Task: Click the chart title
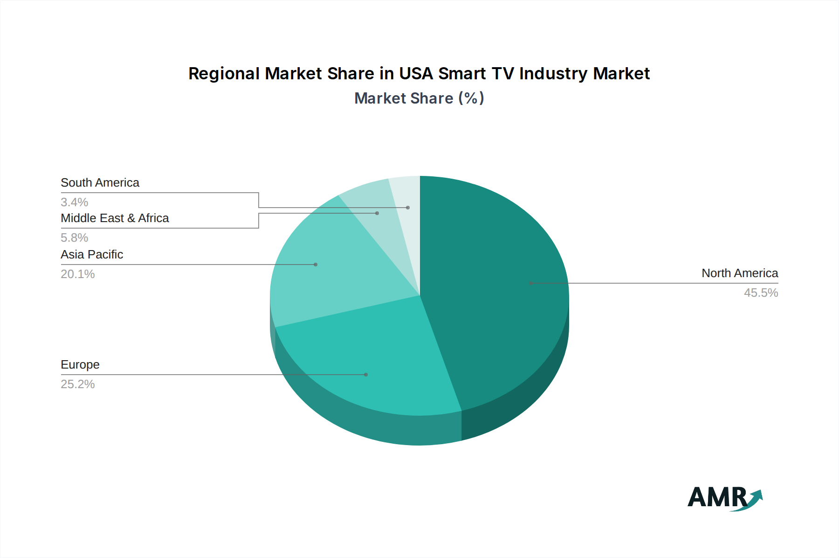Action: tap(419, 74)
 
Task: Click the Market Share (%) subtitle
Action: tap(419, 98)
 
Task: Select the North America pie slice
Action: tap(494, 289)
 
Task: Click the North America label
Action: tap(740, 273)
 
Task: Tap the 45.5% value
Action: tap(761, 293)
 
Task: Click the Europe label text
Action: tap(80, 365)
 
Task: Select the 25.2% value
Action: tap(78, 384)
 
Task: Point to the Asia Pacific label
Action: tap(92, 255)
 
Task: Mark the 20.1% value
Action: tap(78, 274)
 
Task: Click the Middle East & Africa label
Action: tap(115, 218)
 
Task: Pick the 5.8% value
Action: tap(75, 238)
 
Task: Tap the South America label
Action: tap(100, 183)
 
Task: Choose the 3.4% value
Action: tap(75, 202)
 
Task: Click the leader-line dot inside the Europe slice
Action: tap(366, 375)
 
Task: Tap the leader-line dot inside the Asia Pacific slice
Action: tap(316, 265)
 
